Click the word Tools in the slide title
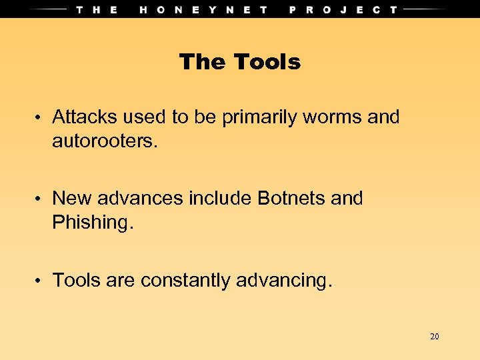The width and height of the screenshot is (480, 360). click(267, 62)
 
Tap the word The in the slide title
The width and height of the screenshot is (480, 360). click(203, 62)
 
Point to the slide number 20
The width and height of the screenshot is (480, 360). click(435, 337)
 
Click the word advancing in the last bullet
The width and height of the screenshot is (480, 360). click(283, 281)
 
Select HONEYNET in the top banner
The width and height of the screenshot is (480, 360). click(204, 9)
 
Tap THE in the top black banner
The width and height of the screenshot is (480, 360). click(97, 9)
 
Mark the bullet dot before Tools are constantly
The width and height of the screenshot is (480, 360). click(40, 281)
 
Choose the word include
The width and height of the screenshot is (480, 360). click(218, 198)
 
